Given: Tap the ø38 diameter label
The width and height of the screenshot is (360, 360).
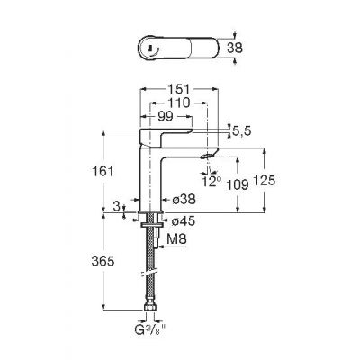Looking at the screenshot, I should [x=184, y=199].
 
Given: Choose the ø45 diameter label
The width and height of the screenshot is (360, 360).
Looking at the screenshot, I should [x=184, y=220].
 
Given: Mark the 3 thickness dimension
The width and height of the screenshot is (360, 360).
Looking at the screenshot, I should [x=119, y=207].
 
